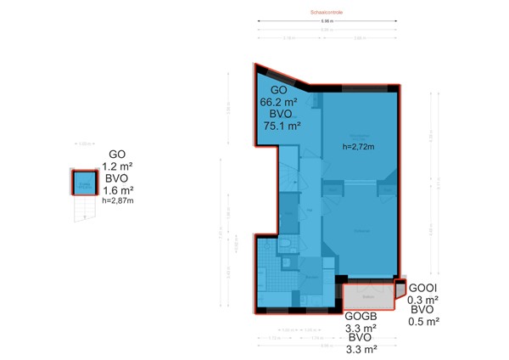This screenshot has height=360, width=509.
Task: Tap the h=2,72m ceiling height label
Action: (x=358, y=147)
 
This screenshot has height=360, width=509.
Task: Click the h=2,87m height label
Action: (x=117, y=201)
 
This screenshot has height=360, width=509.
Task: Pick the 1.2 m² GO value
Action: (x=117, y=167)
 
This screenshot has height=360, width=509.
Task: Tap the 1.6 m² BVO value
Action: (x=117, y=190)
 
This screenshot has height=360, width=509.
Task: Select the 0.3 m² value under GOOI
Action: (x=422, y=300)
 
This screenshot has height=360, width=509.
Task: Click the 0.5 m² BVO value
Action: (x=422, y=322)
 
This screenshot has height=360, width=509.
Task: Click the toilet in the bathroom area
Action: (x=288, y=247)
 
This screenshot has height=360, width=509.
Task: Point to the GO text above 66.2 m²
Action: (x=279, y=89)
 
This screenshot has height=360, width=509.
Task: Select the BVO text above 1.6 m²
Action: (x=117, y=179)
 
